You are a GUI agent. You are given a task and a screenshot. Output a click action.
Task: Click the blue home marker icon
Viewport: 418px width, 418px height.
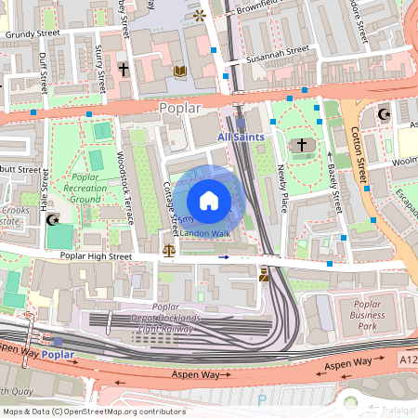pos(209,200)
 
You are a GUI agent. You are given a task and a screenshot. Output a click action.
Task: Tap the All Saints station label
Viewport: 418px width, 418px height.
pos(241,137)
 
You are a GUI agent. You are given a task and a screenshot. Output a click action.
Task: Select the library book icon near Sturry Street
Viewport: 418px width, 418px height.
pos(180,71)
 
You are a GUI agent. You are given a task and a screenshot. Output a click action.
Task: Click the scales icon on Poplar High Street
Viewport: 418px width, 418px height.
pos(169,250)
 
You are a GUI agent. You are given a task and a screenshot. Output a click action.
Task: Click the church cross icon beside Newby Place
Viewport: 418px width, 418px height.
pos(300,145)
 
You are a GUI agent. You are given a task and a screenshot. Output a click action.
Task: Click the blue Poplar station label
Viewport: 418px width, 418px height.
pos(59,355)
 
